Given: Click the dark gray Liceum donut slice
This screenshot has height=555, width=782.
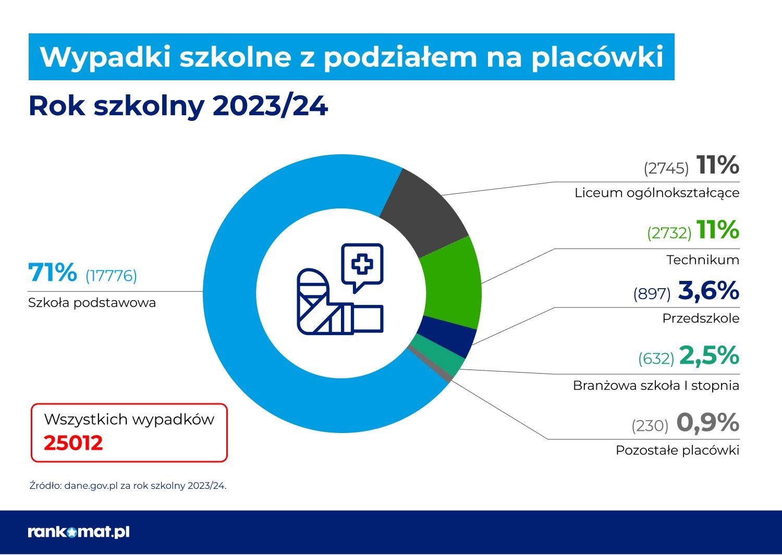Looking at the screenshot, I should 425,211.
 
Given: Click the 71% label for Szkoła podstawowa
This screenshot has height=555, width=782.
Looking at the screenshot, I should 52,273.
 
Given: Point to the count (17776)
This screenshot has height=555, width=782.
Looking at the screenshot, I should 111,276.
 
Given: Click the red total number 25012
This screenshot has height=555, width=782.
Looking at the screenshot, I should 74,443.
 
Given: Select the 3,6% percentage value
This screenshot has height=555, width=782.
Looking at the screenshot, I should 708,291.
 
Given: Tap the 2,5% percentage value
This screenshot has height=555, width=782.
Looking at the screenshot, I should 709,356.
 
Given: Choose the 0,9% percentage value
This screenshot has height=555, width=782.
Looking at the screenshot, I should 707,423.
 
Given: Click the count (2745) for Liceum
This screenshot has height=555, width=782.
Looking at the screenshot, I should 666,168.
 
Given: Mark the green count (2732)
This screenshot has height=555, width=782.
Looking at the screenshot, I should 669,233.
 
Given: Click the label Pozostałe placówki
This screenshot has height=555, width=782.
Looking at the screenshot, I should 677,450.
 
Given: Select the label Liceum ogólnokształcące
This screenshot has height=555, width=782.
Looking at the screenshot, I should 657,193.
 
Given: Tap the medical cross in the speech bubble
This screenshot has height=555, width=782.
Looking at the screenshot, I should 362,264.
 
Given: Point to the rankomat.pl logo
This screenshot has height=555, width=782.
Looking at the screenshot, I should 79,532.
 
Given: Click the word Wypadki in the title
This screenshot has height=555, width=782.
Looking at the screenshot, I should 105,57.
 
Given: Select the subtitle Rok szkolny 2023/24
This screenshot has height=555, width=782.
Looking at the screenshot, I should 178,106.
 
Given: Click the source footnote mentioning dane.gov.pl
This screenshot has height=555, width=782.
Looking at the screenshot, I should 128,486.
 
